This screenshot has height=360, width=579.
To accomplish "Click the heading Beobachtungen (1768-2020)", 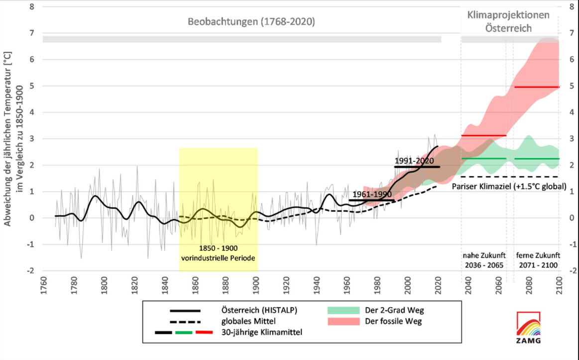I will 251,22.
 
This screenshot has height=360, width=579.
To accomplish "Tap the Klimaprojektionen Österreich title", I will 508,21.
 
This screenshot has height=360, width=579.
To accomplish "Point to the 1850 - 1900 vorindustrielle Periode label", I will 218,253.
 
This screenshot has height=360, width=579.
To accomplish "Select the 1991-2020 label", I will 414,161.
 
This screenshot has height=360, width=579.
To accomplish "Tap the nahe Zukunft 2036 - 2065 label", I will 483,260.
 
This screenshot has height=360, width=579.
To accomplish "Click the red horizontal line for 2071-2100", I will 537,87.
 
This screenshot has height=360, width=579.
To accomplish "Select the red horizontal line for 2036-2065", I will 483,135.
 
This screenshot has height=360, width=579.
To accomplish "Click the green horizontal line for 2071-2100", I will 537,159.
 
